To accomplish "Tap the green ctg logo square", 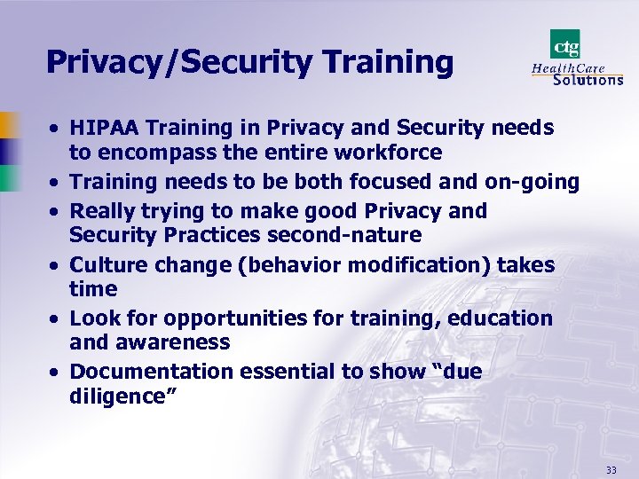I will (x=564, y=43).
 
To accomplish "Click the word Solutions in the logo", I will (x=588, y=80).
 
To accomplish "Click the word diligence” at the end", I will (x=123, y=396).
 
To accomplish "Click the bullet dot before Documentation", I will (x=55, y=373).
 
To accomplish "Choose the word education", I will (x=500, y=318).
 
